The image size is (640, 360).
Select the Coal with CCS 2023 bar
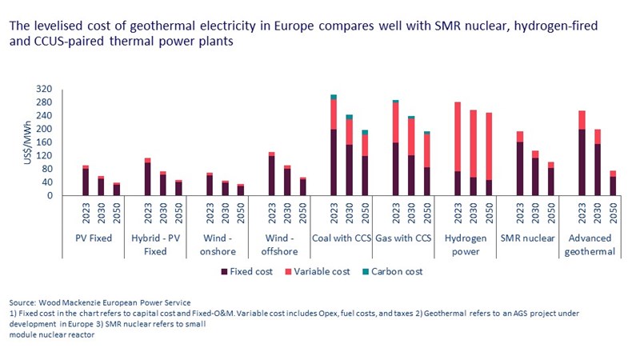pos(334,146)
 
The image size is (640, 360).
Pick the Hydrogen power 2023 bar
pos(458,149)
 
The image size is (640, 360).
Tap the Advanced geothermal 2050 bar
pos(613,183)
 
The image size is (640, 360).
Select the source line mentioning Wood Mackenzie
pos(101,303)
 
